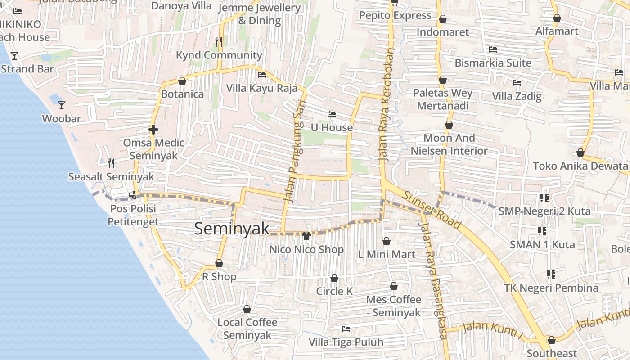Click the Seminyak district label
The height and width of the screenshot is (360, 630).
(232, 229)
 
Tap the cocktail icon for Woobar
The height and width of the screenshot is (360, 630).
(62, 105)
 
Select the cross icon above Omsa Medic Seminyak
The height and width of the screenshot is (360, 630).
(153, 130)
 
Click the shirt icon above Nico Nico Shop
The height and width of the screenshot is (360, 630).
(306, 236)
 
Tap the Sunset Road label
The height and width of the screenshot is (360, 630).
(432, 209)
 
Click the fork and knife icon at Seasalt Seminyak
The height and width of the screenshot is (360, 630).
(111, 163)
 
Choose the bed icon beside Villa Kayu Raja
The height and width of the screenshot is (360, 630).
(262, 75)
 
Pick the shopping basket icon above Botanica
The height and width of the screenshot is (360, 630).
(182, 81)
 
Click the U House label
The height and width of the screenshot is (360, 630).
(332, 128)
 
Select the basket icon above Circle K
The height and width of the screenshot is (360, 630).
(334, 278)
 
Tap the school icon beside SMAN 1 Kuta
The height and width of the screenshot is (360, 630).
(542, 231)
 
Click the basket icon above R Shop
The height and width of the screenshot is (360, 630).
(219, 263)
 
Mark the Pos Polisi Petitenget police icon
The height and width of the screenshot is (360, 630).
(133, 195)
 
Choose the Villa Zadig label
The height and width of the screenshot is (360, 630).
(517, 96)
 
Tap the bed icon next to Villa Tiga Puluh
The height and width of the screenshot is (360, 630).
(346, 329)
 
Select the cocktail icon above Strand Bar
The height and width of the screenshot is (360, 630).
(14, 55)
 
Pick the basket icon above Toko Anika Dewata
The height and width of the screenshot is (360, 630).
(580, 153)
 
